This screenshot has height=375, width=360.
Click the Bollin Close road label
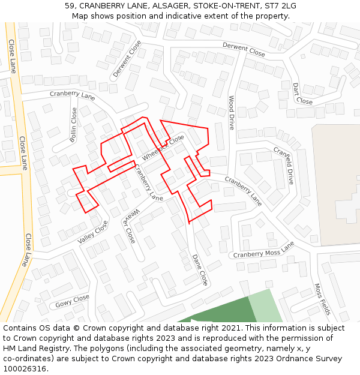73,125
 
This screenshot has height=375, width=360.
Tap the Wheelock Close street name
163,148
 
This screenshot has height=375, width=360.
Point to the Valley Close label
93,232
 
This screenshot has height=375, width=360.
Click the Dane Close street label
200,269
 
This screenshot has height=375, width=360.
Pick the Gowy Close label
72,301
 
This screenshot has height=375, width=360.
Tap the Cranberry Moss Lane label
264,250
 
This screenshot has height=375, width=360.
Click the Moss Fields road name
322,299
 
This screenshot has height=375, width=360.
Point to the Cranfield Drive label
284,165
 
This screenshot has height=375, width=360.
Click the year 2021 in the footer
226,328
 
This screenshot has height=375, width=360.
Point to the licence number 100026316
25,369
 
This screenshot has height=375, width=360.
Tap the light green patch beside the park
264,306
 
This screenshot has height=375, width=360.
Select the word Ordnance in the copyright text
275,359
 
